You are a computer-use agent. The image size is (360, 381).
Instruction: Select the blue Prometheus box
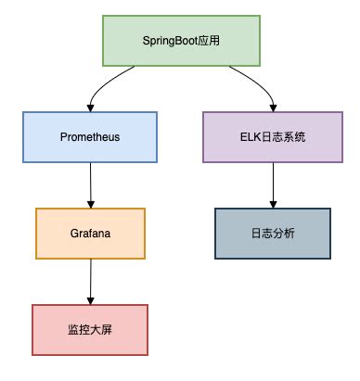coord(90,136)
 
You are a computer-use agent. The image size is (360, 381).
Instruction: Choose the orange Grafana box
coord(90,233)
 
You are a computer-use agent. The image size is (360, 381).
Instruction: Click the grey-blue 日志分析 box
coord(273,233)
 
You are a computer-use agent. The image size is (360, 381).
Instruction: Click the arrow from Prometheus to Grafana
coord(90,184)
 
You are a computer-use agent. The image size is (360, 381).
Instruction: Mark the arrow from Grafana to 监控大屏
coord(90,280)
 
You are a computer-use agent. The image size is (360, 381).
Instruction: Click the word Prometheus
coord(90,136)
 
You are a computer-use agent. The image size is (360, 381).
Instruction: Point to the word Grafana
coord(90,233)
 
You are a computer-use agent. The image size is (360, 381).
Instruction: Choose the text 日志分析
coord(273,233)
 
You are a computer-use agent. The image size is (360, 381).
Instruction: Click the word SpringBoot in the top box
coord(169,42)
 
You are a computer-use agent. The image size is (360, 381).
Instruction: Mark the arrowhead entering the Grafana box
coord(90,204)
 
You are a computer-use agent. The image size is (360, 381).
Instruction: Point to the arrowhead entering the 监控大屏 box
coord(89,299)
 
